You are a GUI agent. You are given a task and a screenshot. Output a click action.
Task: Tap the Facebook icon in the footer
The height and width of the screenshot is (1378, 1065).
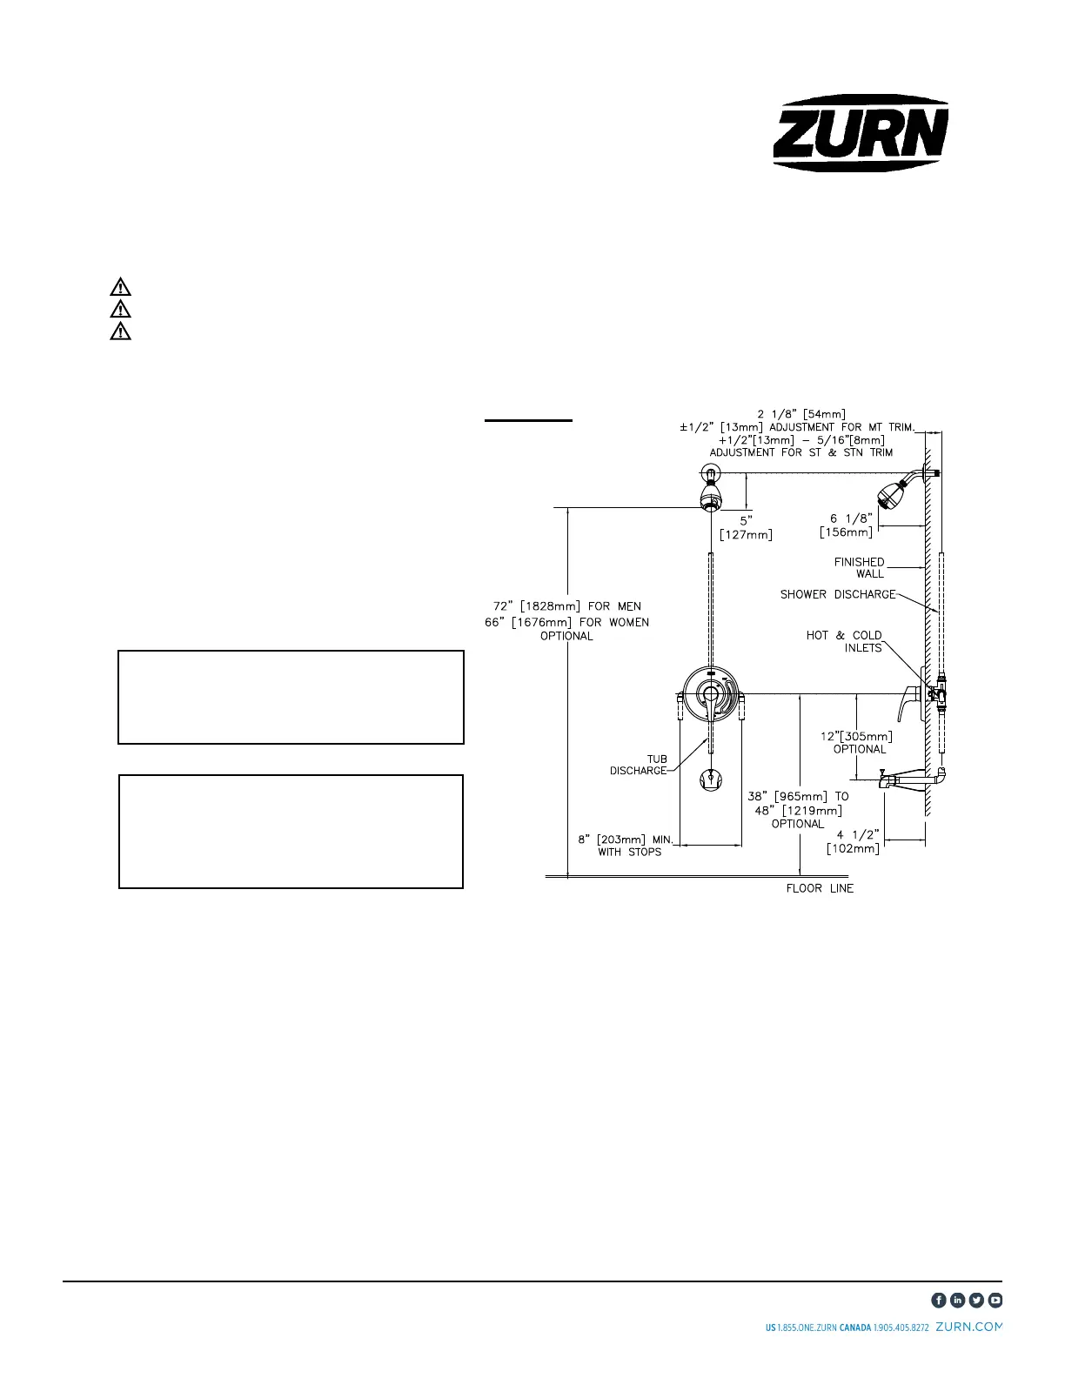point(939,1300)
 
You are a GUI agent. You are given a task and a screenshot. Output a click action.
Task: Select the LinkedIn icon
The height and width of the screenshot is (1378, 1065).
point(958,1300)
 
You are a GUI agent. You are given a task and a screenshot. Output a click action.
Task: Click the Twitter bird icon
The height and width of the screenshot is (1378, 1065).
point(977,1300)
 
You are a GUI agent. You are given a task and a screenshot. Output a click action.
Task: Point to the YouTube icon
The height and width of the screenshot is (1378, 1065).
point(995,1300)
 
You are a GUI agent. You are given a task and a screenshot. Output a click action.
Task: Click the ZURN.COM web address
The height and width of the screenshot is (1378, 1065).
point(968,1328)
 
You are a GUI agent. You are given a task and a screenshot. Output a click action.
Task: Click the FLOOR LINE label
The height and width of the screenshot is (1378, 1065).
point(820,888)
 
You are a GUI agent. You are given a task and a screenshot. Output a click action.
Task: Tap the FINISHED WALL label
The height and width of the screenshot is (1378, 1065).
point(859,567)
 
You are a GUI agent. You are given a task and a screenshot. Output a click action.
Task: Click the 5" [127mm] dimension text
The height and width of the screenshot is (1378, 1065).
point(746,527)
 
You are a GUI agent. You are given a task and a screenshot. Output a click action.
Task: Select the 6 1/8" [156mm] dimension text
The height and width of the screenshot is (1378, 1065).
point(847,525)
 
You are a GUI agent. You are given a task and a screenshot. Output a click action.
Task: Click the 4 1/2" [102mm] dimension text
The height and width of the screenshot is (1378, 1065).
point(854,841)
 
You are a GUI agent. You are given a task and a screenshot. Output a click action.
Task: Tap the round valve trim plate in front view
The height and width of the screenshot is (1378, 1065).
point(712,694)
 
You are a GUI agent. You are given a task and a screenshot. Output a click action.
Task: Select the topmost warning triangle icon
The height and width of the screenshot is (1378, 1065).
point(120,286)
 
